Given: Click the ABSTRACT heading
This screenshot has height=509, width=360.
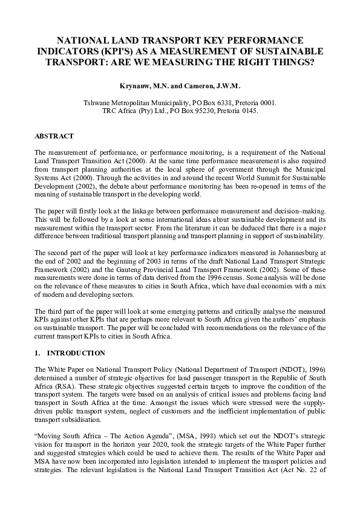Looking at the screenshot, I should (x=54, y=136).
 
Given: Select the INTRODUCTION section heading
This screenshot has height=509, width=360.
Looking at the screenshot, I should (x=76, y=353).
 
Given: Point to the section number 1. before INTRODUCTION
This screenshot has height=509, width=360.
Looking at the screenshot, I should (x=38, y=353).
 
